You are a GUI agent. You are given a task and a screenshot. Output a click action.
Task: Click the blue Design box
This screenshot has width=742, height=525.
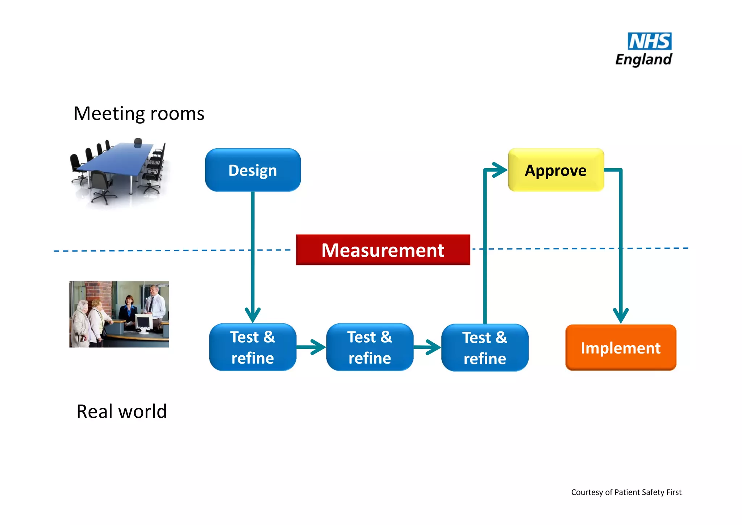[253, 170]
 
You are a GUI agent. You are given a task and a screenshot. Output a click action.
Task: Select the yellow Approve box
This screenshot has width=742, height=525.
[555, 170]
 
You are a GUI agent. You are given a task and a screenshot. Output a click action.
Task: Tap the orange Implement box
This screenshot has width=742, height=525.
[620, 347]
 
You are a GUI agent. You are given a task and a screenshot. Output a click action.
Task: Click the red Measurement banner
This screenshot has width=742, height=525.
[383, 250]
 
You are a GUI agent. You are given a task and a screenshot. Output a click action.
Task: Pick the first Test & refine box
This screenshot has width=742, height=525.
[253, 347]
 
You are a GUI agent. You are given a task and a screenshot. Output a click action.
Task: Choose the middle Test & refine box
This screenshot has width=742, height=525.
[370, 347]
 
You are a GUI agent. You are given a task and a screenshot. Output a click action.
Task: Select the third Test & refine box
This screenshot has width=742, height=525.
[485, 347]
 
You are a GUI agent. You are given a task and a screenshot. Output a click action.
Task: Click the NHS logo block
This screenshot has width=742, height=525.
[649, 41]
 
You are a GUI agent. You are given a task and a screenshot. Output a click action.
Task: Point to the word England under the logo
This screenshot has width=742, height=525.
[643, 59]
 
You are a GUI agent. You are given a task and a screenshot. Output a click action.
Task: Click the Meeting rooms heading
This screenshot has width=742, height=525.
[139, 113]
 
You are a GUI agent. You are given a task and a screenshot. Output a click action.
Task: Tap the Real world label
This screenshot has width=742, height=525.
[121, 411]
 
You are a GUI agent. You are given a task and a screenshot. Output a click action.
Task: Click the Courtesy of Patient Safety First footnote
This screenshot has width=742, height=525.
[626, 492]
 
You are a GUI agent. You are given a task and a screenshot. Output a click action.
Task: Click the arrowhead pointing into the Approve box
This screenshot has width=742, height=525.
[500, 170]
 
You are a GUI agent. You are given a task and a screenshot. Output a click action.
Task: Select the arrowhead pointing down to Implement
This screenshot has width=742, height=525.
[621, 315]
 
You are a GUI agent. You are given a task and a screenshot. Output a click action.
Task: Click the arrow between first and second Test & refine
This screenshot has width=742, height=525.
[312, 347]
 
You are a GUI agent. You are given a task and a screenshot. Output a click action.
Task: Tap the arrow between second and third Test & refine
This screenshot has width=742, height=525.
[428, 347]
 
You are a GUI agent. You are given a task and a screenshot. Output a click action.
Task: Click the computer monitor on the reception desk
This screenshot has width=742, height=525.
[143, 322]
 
